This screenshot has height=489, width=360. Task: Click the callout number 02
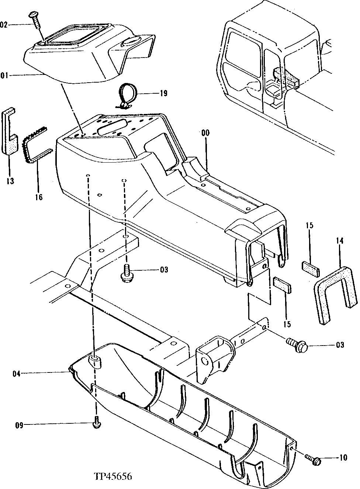[x=3, y=25]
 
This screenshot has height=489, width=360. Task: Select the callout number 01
[x=3, y=76]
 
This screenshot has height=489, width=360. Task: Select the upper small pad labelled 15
[x=310, y=269]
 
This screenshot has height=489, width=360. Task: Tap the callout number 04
[x=16, y=374]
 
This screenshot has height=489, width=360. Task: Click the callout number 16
[x=39, y=197]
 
